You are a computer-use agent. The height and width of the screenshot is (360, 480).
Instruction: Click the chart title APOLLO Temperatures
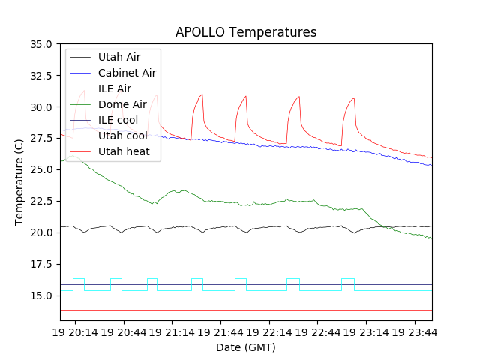click(246, 32)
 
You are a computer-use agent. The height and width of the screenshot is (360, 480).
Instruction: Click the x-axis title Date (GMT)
click(246, 347)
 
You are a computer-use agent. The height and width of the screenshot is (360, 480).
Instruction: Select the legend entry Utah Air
click(118, 57)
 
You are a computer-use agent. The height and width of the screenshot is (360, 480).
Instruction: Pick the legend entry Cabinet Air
click(127, 73)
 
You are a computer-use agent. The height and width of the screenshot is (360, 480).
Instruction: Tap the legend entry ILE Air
click(115, 88)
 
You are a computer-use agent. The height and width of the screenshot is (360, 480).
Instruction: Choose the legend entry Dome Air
click(122, 104)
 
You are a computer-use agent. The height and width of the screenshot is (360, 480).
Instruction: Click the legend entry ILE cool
click(118, 120)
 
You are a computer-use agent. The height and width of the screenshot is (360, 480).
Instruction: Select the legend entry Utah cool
click(122, 136)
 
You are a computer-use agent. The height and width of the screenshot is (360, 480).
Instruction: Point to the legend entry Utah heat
click(124, 151)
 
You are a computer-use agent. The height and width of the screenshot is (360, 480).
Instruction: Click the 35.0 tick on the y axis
click(41, 44)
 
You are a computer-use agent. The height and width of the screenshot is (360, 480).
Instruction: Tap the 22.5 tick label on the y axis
click(41, 201)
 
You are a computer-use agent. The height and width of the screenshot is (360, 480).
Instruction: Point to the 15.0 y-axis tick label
click(41, 295)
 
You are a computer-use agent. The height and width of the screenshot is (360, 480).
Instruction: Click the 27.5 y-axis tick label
click(41, 139)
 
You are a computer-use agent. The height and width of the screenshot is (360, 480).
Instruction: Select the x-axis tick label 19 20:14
click(74, 331)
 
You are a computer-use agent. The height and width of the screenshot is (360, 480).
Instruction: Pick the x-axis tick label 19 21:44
click(220, 331)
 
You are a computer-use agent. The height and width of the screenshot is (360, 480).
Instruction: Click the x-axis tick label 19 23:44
click(415, 331)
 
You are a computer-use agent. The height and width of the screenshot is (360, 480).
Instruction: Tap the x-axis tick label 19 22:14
click(269, 331)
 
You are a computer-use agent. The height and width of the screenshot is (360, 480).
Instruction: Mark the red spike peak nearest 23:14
click(354, 98)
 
